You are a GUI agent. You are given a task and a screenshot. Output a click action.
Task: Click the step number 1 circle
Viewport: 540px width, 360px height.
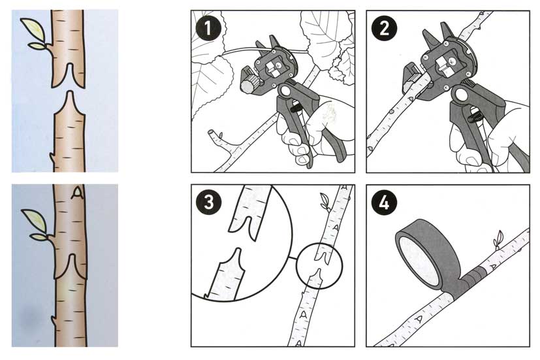click(x=208, y=28)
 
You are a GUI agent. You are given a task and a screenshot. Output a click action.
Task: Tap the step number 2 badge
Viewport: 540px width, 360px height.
click(x=384, y=28)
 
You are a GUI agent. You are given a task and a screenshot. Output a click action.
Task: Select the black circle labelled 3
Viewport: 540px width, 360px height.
click(x=209, y=203)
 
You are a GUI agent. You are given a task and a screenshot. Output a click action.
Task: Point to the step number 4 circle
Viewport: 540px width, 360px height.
click(x=384, y=203)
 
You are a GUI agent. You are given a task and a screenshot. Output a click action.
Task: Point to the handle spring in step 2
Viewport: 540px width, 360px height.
click(x=475, y=114)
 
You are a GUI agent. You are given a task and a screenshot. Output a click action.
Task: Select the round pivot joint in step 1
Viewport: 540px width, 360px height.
click(x=285, y=91)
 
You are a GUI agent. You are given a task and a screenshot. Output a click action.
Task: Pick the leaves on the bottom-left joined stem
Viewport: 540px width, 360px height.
click(x=35, y=225)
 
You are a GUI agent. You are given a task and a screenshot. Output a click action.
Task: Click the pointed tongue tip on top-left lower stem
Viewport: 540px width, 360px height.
click(x=70, y=92)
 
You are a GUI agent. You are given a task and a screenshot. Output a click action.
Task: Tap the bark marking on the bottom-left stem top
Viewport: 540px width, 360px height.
click(x=78, y=193)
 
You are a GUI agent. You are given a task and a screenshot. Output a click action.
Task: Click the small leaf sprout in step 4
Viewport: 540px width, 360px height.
click(x=498, y=238)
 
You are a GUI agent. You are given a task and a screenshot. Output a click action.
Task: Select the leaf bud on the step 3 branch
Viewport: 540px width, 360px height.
click(x=325, y=201)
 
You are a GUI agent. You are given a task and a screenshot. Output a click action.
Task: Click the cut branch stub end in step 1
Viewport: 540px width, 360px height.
click(x=210, y=133)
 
